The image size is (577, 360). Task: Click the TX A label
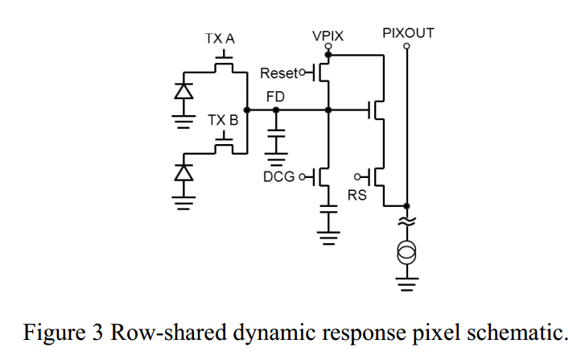[x=220, y=39]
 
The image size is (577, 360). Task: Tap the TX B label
[x=223, y=120]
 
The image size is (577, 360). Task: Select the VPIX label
[x=328, y=36]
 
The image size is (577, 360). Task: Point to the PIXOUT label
[x=408, y=33]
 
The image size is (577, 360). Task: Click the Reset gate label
[x=278, y=74]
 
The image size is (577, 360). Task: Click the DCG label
[x=279, y=176]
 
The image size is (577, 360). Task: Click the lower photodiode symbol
[x=185, y=171]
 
